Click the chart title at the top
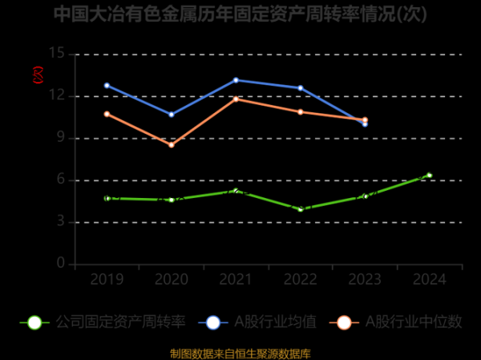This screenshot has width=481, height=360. click(x=240, y=14)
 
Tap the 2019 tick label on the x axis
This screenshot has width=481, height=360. click(x=107, y=279)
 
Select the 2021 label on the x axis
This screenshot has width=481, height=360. click(x=236, y=279)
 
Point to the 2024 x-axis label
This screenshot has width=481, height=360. click(x=430, y=279)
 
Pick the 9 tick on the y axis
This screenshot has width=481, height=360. click(x=61, y=138)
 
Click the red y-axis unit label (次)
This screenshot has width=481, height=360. click(x=36, y=75)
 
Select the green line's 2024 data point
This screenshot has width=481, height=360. click(x=430, y=175)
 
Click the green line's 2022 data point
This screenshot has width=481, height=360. click(x=301, y=209)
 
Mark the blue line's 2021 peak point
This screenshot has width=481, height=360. click(x=236, y=80)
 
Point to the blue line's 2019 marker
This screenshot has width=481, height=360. click(x=107, y=85)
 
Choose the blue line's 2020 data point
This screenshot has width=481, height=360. click(x=172, y=115)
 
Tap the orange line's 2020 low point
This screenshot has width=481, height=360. click(x=172, y=145)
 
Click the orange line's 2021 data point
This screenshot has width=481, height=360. click(x=236, y=99)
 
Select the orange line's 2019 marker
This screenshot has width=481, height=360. click(x=107, y=114)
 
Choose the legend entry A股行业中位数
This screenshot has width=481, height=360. click(x=400, y=322)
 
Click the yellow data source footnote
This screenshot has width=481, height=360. click(x=240, y=353)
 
